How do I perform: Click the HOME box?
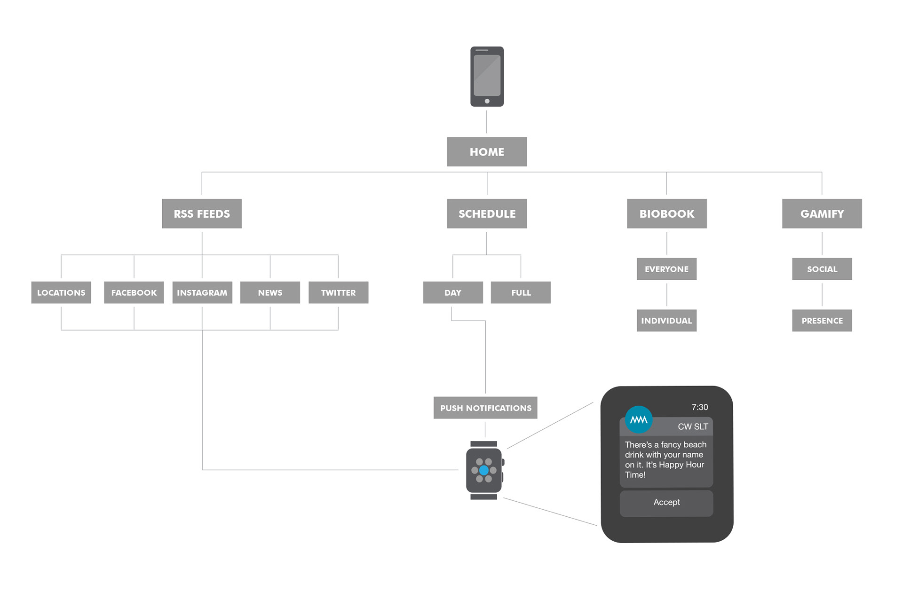pos(487,151)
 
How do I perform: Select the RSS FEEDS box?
pos(202,213)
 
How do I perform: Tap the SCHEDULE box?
pos(487,213)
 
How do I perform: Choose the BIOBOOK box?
pos(667,213)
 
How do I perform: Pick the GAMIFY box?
pos(822,213)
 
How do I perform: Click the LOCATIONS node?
pos(61,292)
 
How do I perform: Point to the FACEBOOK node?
pos(134,292)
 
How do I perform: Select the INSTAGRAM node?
pos(202,292)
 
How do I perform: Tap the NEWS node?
pos(270,292)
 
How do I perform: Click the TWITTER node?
pos(339,292)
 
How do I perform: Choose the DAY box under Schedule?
pos(453,292)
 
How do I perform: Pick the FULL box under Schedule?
pos(521,292)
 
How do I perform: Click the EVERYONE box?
pos(667,269)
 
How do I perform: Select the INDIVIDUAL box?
pos(667,321)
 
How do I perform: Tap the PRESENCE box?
pos(822,321)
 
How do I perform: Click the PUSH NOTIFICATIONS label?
pos(485,408)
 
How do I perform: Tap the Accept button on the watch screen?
pos(666,503)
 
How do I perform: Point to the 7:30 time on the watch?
pos(700,407)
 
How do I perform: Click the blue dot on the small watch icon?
pos(484,470)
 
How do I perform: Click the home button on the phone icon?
pos(487,101)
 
